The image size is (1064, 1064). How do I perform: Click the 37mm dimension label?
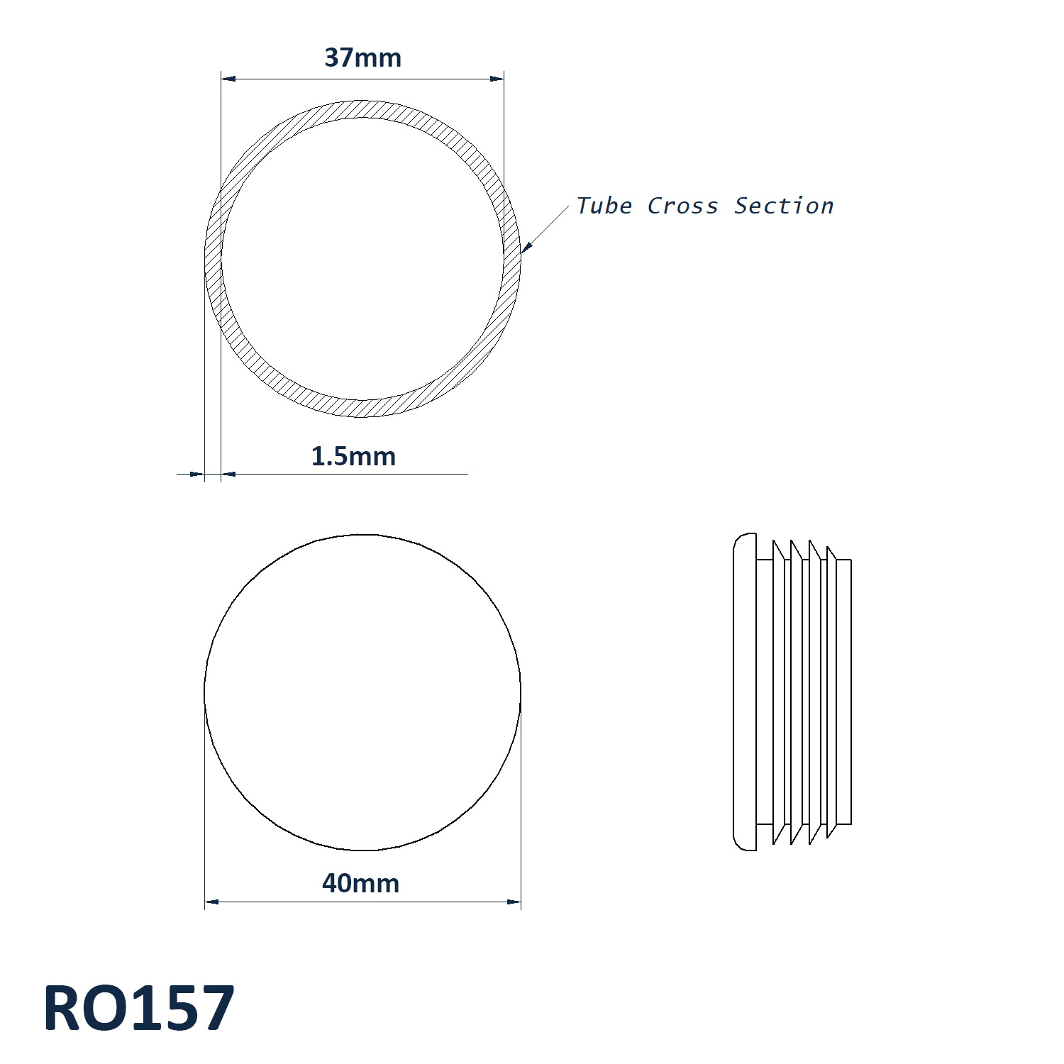point(362,57)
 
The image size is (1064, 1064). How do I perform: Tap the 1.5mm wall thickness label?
point(353,456)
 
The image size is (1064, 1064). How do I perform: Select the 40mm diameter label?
point(360,883)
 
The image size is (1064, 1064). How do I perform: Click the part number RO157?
point(139,1008)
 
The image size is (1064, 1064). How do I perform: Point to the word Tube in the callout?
point(604,206)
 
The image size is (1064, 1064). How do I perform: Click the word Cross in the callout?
point(682,206)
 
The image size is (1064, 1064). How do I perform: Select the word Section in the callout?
point(784,206)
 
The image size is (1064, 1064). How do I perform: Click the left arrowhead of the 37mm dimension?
point(228,79)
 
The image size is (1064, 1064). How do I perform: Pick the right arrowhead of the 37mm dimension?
point(497,79)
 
